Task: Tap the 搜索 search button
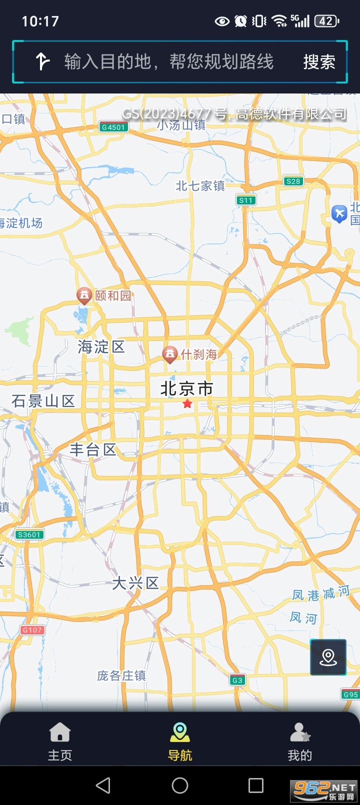319,62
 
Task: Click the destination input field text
169,62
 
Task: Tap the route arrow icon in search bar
42,62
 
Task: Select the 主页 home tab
60,741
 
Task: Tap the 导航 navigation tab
180,741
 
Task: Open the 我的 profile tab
300,741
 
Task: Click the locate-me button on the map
328,657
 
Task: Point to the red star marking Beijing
187,403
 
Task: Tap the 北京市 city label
186,388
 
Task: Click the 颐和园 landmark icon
84,295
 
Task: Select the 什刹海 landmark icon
170,354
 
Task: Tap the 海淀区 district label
101,346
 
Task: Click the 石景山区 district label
43,401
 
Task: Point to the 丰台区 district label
93,450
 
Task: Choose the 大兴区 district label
135,583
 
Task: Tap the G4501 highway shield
113,127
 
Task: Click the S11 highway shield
246,200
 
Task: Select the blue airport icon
339,214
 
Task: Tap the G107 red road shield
32,630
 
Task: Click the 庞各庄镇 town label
121,676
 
